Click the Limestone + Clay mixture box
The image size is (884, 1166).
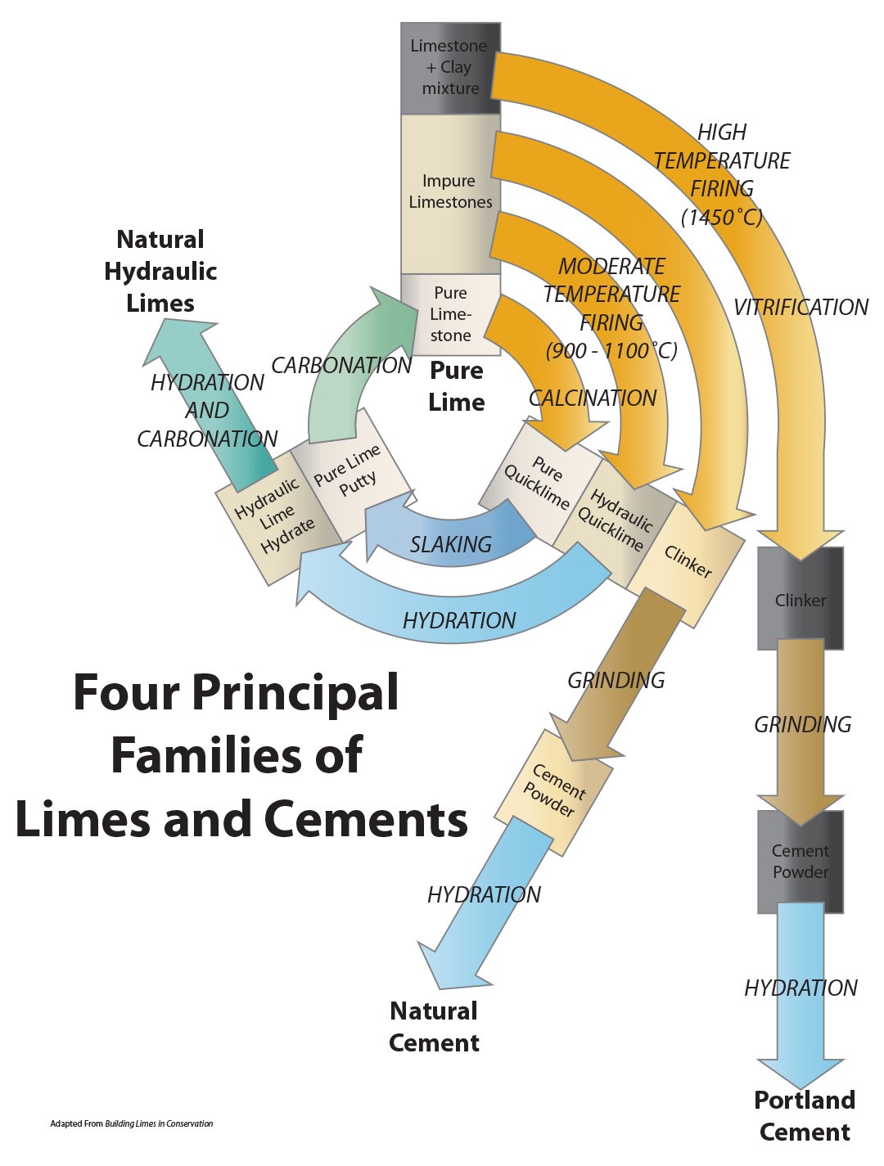(x=449, y=68)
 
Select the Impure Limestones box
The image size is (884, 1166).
(x=449, y=192)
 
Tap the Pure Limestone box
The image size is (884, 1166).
(x=450, y=314)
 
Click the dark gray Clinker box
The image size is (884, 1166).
(x=800, y=600)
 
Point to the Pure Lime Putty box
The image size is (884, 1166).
(x=349, y=473)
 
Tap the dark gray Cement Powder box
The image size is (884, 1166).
(x=800, y=862)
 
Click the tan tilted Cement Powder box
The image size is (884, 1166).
(x=554, y=791)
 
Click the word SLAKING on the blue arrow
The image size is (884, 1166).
(x=451, y=545)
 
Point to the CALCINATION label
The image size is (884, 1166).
(x=593, y=398)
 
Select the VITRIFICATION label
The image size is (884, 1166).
(x=800, y=308)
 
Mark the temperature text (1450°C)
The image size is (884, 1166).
(x=721, y=217)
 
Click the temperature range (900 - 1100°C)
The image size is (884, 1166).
(x=611, y=351)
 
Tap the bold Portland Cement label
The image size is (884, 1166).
(x=805, y=1116)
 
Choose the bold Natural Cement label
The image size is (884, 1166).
(x=434, y=1027)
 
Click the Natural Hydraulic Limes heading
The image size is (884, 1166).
(x=160, y=271)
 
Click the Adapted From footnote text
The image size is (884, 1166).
(x=132, y=1123)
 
